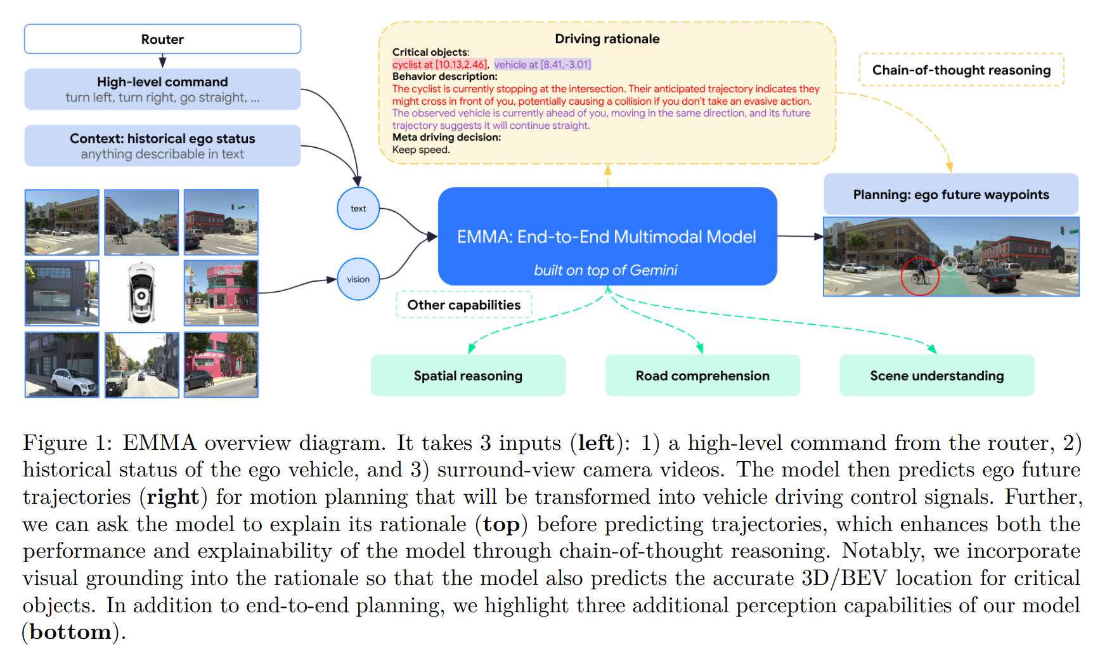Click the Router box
(162, 39)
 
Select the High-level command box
(162, 89)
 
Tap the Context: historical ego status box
(162, 146)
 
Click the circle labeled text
(358, 209)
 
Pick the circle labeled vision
(358, 279)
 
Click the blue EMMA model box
(607, 237)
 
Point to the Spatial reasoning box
(468, 376)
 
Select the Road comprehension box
(702, 376)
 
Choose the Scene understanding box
(936, 376)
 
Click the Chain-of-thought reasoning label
(961, 70)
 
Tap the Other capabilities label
(463, 305)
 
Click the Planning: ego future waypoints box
(950, 195)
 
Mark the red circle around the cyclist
(920, 277)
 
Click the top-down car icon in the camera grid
(141, 293)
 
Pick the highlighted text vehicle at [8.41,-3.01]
(543, 65)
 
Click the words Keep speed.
(421, 150)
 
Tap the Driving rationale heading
(607, 39)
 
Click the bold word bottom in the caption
(70, 633)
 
